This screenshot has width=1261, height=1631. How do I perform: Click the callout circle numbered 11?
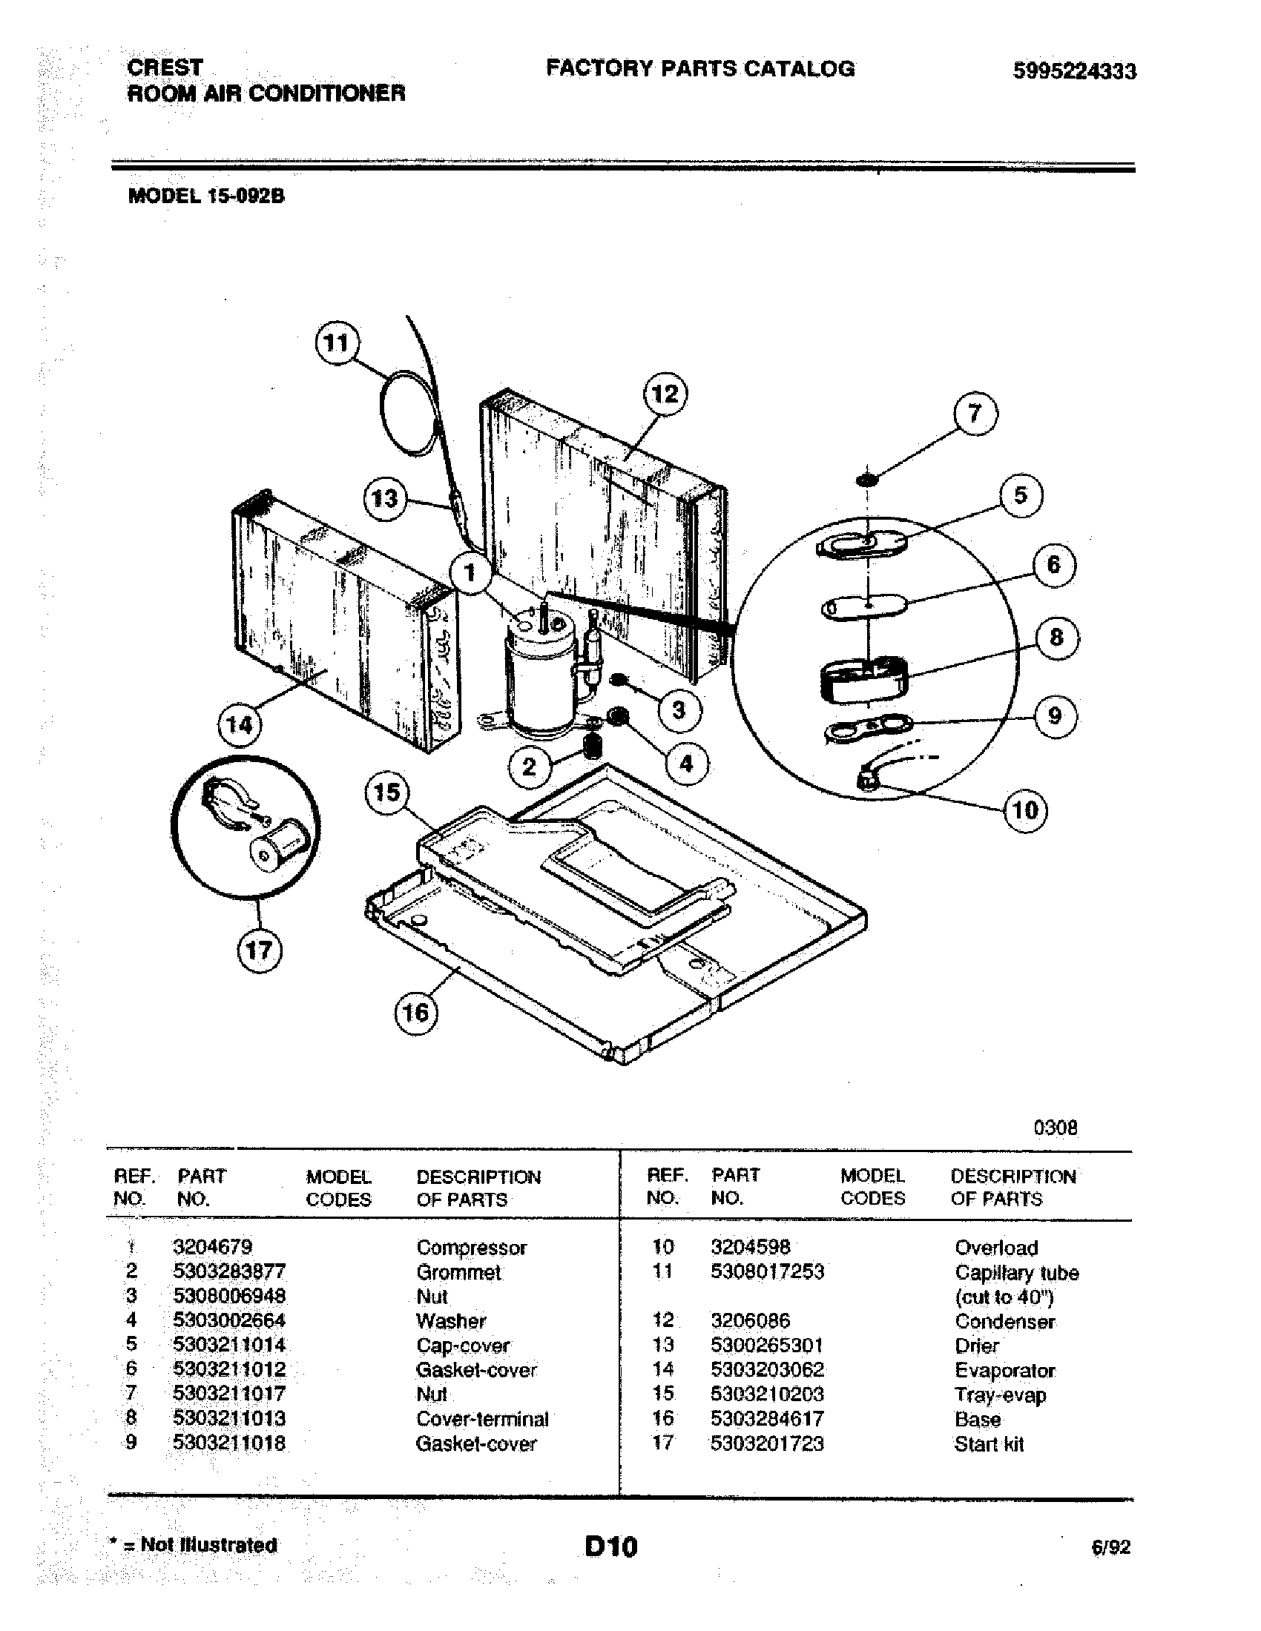pos(335,343)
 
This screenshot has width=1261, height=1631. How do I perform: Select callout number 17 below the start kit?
pos(258,950)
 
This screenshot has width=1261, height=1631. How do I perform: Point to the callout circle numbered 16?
pos(415,1013)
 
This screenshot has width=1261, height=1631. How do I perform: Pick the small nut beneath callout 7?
pos(866,478)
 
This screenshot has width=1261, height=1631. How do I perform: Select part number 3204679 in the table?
pos(213,1247)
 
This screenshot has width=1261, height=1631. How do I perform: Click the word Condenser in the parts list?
pos(1005,1322)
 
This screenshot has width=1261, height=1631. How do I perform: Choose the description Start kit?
pos(988,1444)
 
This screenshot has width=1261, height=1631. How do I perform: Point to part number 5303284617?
pos(767,1419)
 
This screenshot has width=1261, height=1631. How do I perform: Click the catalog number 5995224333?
pos(1074,71)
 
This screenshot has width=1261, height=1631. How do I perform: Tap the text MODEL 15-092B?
pos(207,196)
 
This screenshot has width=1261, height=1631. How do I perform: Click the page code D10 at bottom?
pos(611,1546)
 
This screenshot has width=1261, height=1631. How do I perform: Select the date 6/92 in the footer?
pos(1111,1547)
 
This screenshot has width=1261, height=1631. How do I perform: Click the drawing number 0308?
pos(1055,1128)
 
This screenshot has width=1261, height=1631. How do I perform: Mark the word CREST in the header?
pos(165,67)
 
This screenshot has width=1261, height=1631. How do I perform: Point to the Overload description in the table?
pos(995,1248)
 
